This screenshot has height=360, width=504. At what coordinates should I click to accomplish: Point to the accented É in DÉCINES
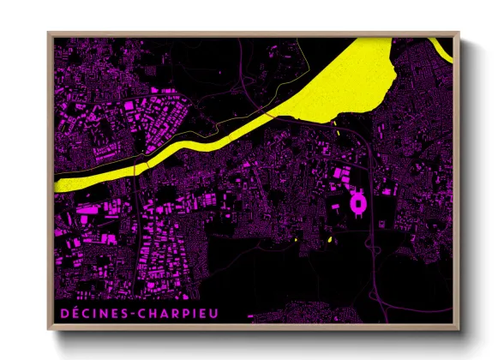(x=75, y=312)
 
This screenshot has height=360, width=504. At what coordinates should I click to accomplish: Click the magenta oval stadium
(x=358, y=203)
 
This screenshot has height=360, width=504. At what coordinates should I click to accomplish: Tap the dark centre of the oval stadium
(x=358, y=203)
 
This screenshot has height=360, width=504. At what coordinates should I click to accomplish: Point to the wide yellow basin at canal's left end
(x=77, y=182)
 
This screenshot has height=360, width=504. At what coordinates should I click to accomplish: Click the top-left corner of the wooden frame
(x=47, y=33)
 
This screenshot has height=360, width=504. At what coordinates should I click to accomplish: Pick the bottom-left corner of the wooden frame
(x=47, y=329)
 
